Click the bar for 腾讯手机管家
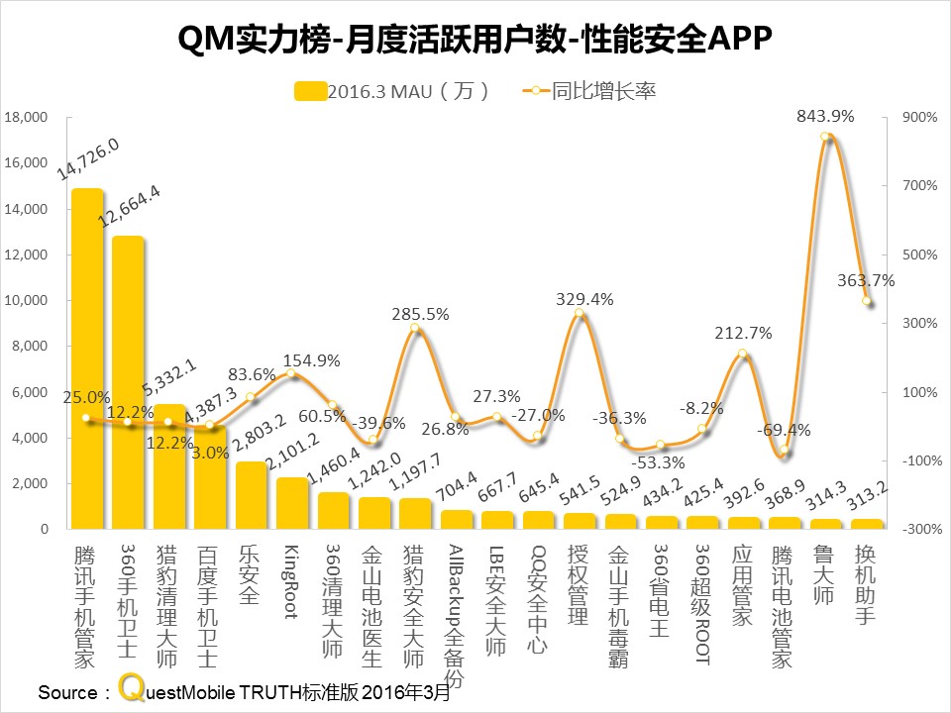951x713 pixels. [x=87, y=356]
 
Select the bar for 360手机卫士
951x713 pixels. [x=128, y=381]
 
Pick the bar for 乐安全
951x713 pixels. [x=251, y=495]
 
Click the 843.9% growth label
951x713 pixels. [x=824, y=116]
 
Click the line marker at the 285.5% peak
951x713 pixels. [x=415, y=330]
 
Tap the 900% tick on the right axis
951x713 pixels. [x=918, y=117]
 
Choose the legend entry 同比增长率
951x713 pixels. [x=590, y=91]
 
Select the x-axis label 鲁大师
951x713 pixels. [x=824, y=573]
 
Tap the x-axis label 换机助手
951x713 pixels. [x=865, y=583]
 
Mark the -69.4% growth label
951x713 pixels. [x=783, y=430]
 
